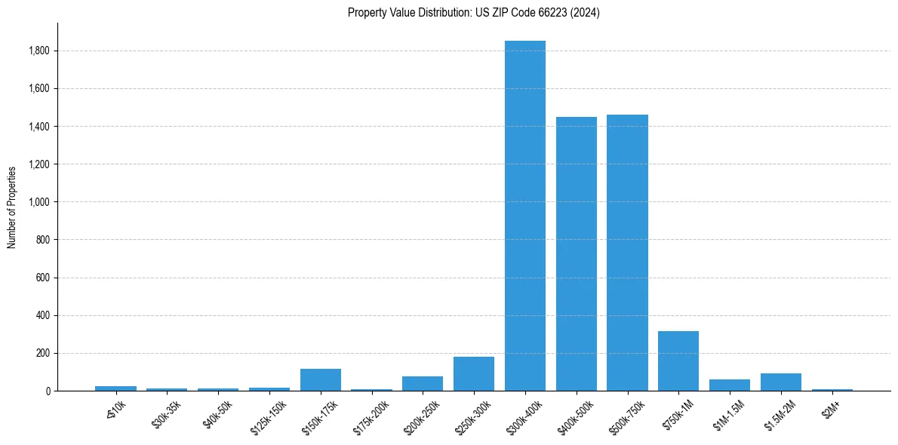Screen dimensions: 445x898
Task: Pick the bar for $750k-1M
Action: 678,361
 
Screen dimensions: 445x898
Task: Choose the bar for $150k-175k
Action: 321,379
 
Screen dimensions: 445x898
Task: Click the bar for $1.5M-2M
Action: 781,382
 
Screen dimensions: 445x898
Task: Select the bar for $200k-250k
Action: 423,383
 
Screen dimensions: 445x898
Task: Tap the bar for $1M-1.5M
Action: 730,385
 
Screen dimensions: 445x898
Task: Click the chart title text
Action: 474,13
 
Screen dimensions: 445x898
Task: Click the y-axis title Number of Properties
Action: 12,207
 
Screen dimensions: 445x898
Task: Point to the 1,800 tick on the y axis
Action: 39,51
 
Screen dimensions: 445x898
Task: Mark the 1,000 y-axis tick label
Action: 39,202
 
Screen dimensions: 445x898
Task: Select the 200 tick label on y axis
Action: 43,353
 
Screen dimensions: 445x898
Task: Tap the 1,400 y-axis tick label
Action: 39,126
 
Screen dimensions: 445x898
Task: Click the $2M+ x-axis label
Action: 832,408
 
